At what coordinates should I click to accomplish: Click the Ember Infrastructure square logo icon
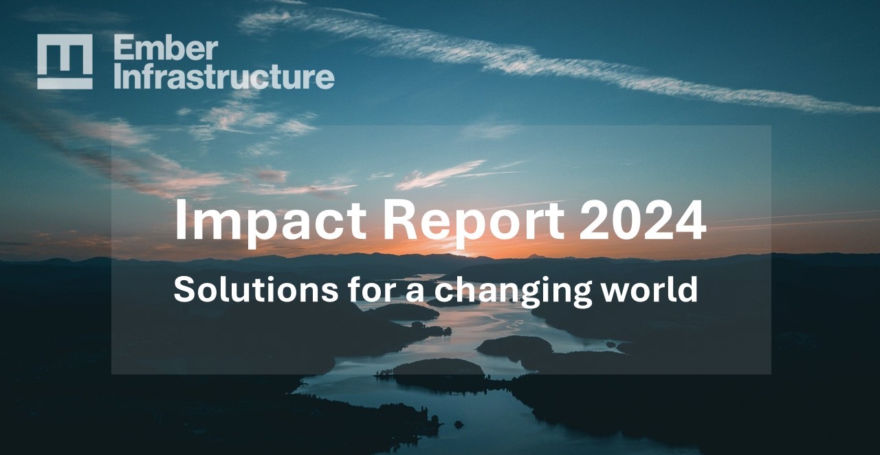click(65, 61)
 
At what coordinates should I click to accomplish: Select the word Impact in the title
click(269, 220)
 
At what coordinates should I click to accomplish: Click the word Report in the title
click(474, 220)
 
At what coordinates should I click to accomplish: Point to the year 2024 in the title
click(642, 220)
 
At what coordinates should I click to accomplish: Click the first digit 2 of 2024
click(595, 220)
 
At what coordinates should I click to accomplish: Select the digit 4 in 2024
click(690, 220)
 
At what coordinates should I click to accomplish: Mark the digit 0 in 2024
click(627, 220)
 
